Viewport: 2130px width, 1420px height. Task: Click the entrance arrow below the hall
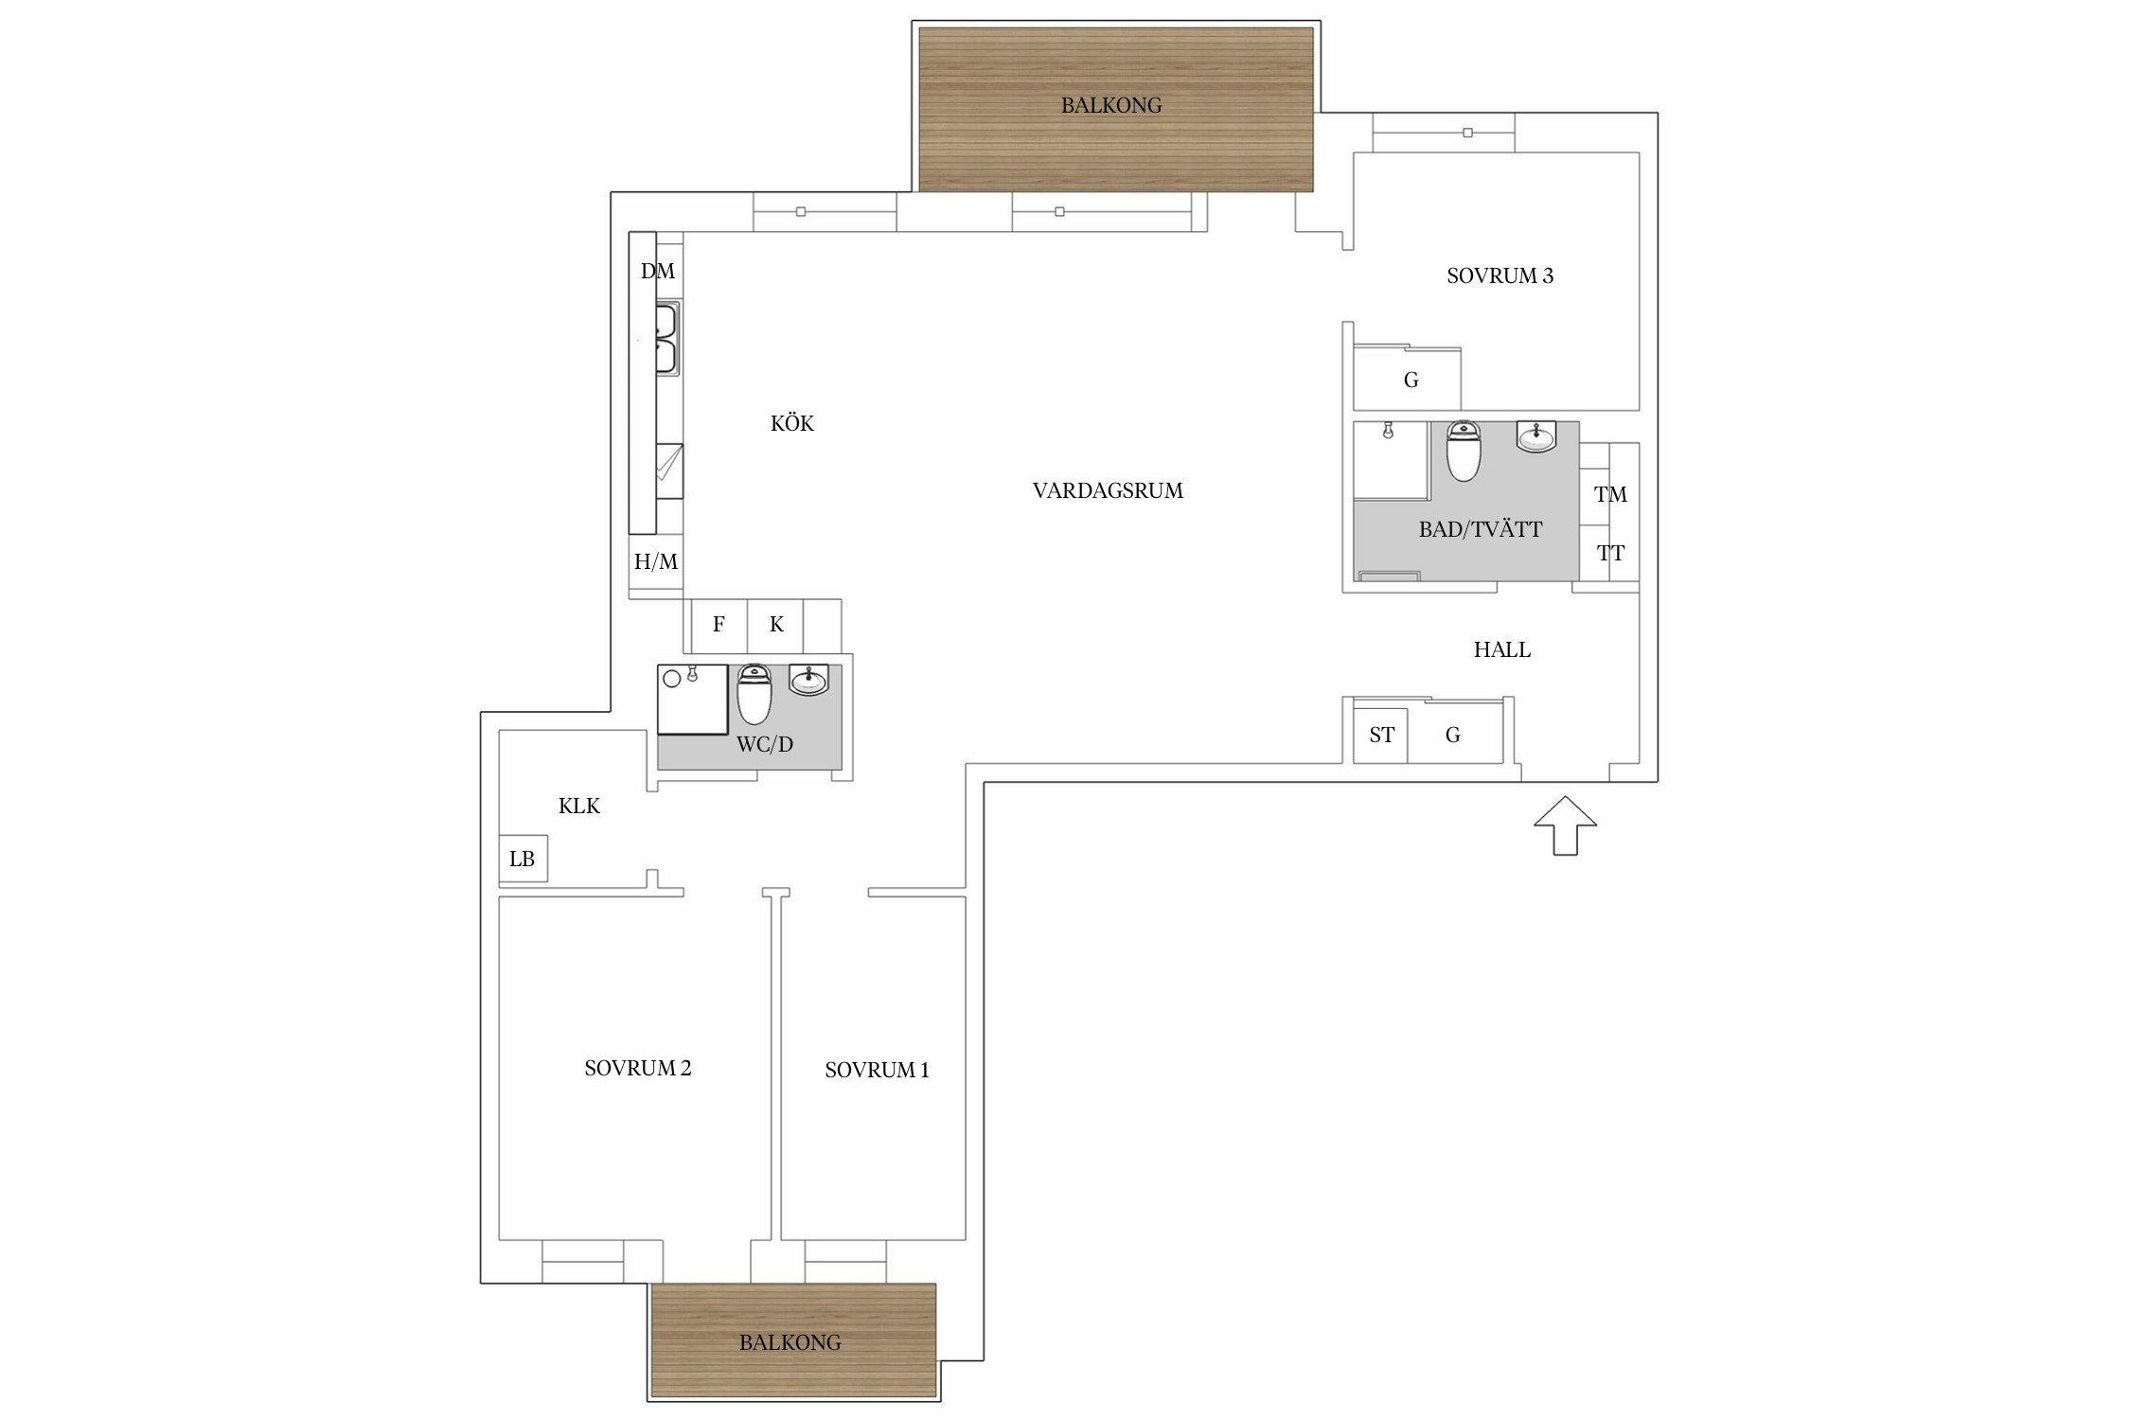1565,825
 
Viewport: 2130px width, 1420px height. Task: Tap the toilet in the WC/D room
754,694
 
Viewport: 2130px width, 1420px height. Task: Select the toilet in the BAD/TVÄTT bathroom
1464,451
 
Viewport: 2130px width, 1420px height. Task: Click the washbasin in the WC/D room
808,680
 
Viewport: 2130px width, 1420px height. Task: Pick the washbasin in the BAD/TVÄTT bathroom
1535,436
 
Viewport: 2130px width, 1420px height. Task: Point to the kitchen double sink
667,339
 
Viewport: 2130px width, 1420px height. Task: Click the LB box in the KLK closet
524,860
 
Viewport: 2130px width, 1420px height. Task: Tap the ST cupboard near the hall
1381,735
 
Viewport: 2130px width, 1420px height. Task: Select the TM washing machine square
1609,494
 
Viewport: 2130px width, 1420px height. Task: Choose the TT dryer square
1609,554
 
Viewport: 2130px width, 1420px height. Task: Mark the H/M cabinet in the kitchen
656,562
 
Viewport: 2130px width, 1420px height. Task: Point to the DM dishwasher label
658,272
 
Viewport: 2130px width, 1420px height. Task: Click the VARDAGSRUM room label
1108,491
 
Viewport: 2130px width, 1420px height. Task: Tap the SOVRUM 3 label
1500,276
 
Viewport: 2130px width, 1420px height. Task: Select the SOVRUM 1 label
877,1071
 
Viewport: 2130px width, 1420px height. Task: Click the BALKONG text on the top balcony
1111,106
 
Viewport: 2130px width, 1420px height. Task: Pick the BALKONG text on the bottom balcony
790,1342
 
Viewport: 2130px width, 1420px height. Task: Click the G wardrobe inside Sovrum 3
1408,380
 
